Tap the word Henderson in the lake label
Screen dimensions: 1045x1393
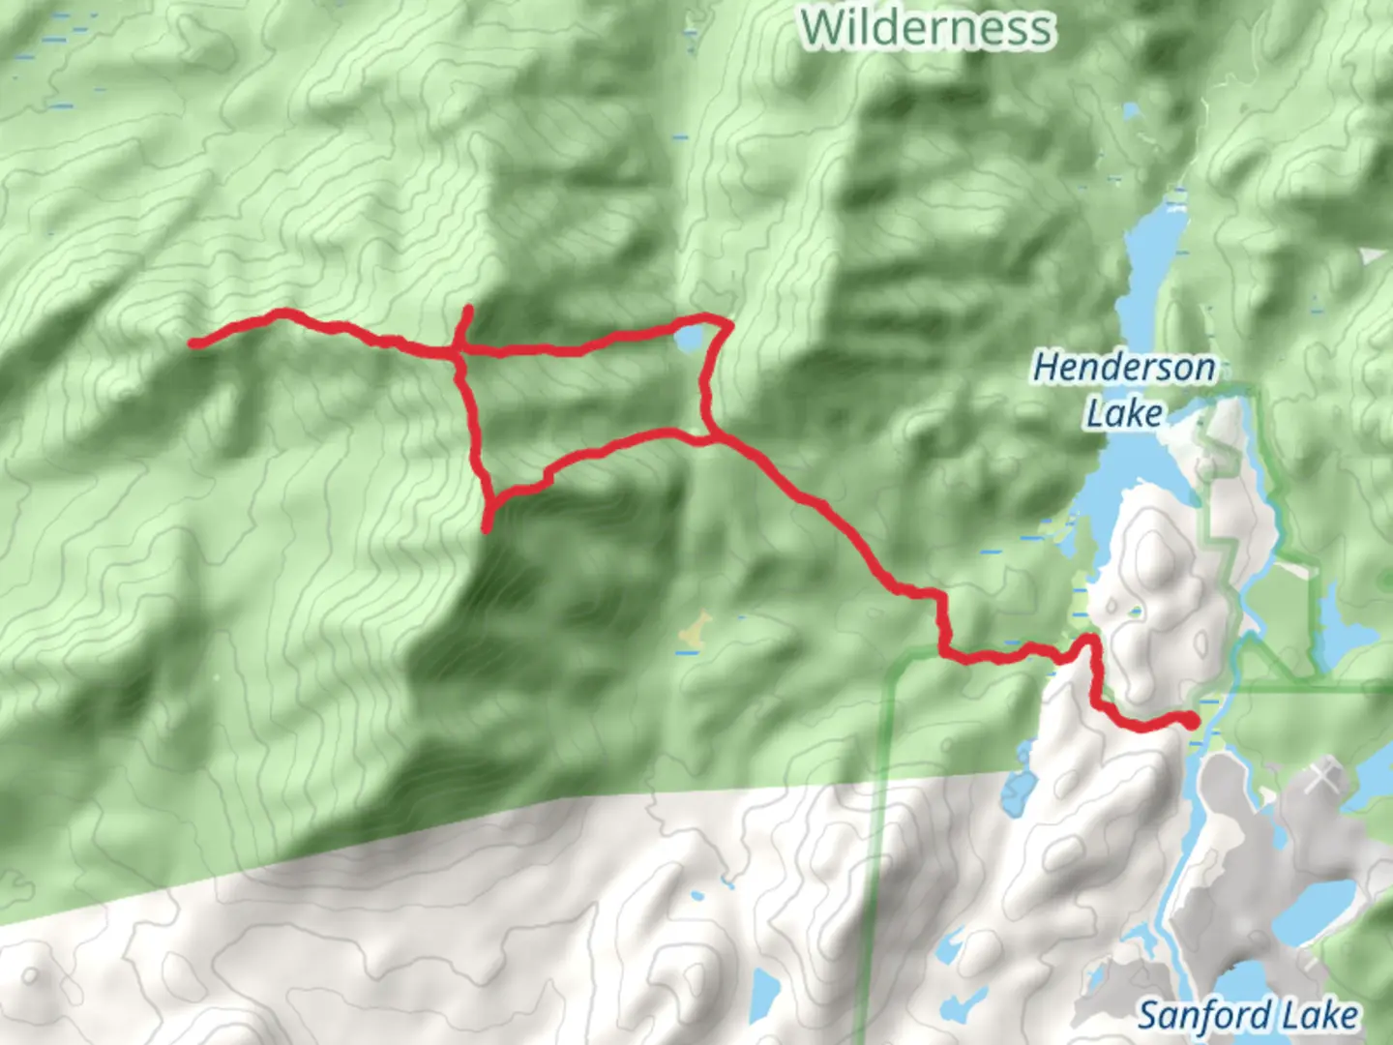tap(1124, 368)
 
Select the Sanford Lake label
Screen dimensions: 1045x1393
tap(1247, 1016)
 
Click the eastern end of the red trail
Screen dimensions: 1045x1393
tap(1191, 720)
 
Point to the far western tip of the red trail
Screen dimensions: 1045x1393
tap(194, 343)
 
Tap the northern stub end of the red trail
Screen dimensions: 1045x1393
tap(468, 310)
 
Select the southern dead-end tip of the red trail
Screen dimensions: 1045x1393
tap(487, 528)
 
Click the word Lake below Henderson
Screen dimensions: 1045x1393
tap(1124, 414)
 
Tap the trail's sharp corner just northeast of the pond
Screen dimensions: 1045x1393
tap(726, 324)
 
